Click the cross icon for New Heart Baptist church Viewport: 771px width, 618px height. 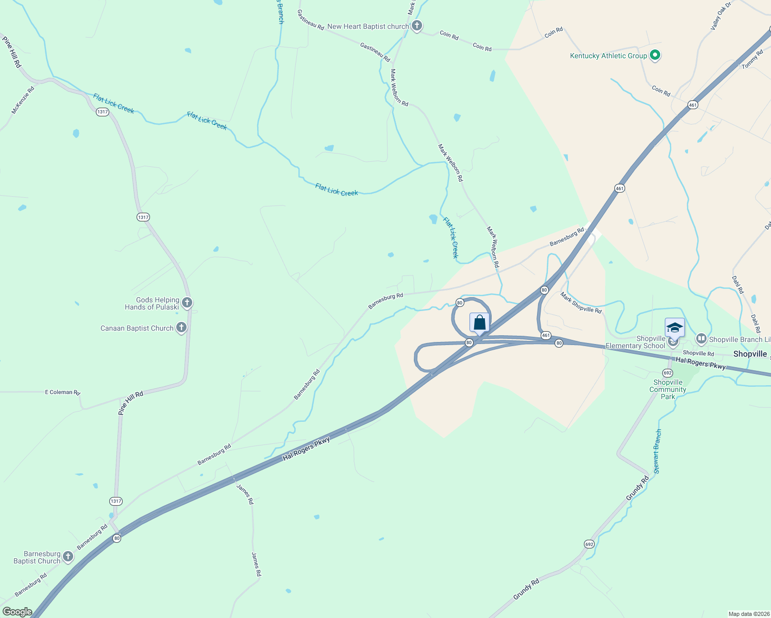tap(417, 25)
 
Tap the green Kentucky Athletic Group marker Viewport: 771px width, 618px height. tap(655, 55)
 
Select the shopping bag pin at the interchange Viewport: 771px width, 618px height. tap(479, 323)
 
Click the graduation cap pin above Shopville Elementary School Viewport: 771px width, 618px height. tap(675, 327)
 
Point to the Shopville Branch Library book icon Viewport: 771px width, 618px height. tap(701, 339)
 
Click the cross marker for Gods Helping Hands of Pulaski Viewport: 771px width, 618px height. tap(187, 302)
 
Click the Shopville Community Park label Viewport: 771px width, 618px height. tap(668, 389)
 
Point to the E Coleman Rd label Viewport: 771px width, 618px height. tap(62, 392)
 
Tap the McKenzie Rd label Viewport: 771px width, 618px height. tap(23, 100)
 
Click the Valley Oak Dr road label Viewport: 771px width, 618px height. tap(721, 16)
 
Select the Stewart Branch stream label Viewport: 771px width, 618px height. tap(657, 452)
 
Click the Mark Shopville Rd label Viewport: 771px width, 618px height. tap(581, 303)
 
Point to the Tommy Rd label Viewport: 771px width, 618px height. tap(752, 59)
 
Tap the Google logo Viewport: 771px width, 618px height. tap(18, 612)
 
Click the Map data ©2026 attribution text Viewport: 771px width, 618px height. tap(748, 614)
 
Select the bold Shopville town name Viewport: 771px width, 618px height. tap(750, 354)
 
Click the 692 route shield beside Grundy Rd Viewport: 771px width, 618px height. tap(589, 544)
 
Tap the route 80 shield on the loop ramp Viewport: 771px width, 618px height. tap(460, 303)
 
